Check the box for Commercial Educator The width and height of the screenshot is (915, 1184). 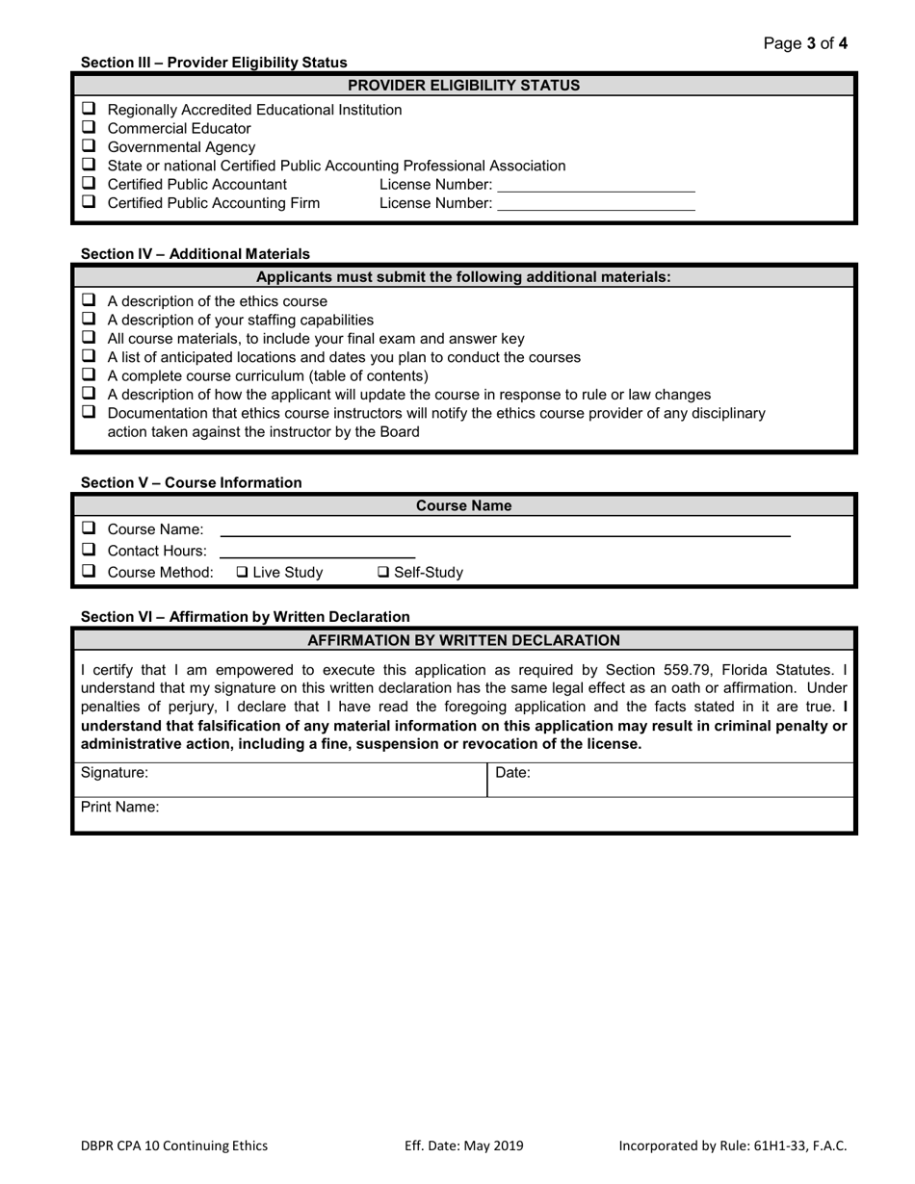(89, 128)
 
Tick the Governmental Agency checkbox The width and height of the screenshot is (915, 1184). (89, 146)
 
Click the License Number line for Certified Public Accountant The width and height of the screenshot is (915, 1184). (595, 185)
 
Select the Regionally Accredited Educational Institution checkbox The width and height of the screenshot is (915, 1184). (89, 109)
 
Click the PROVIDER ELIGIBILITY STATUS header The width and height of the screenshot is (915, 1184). (463, 85)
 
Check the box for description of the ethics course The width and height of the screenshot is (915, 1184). (89, 300)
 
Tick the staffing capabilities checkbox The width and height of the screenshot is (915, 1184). (89, 319)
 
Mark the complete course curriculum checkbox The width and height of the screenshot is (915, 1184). (89, 375)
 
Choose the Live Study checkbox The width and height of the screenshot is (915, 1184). (243, 573)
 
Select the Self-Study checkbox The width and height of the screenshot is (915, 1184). (383, 573)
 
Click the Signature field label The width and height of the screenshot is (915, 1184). (115, 772)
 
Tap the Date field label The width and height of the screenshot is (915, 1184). (512, 772)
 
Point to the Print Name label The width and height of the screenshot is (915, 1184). (119, 808)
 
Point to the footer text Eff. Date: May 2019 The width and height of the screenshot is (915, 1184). (463, 1145)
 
